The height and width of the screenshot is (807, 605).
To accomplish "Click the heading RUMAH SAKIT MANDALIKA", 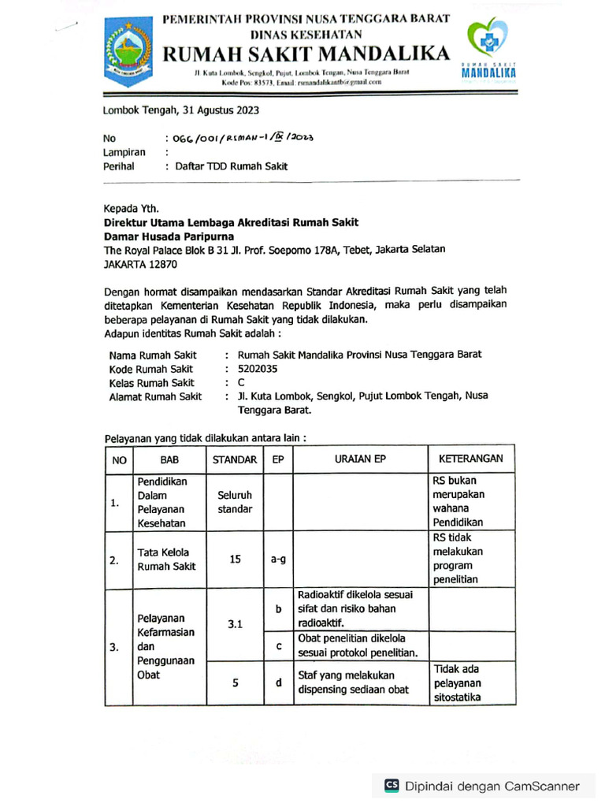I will pos(307,54).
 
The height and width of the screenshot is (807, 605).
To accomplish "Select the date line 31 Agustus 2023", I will pos(181,110).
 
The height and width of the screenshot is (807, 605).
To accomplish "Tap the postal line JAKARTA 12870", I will pos(141,266).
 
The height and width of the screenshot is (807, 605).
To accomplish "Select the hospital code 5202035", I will pos(258,369).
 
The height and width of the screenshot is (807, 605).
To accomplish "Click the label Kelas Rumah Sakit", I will pos(151,383).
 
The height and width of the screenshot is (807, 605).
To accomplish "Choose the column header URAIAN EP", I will pos(358,459).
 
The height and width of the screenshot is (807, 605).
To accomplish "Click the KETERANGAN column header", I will pos(470,458).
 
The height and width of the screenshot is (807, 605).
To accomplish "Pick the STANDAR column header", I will pos(235,459).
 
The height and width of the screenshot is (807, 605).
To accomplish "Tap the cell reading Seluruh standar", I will pos(235,502).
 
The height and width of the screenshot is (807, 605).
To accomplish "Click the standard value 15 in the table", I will pos(235,559).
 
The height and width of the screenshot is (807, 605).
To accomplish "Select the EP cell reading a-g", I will pos(277,560).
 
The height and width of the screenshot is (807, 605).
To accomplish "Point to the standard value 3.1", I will pos(235,624).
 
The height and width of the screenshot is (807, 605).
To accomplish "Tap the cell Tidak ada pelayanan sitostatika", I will pos(457,683).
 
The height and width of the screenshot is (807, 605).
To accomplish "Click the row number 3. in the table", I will pos(114,647).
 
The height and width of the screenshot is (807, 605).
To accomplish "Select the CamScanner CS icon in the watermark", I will pos(392,785).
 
